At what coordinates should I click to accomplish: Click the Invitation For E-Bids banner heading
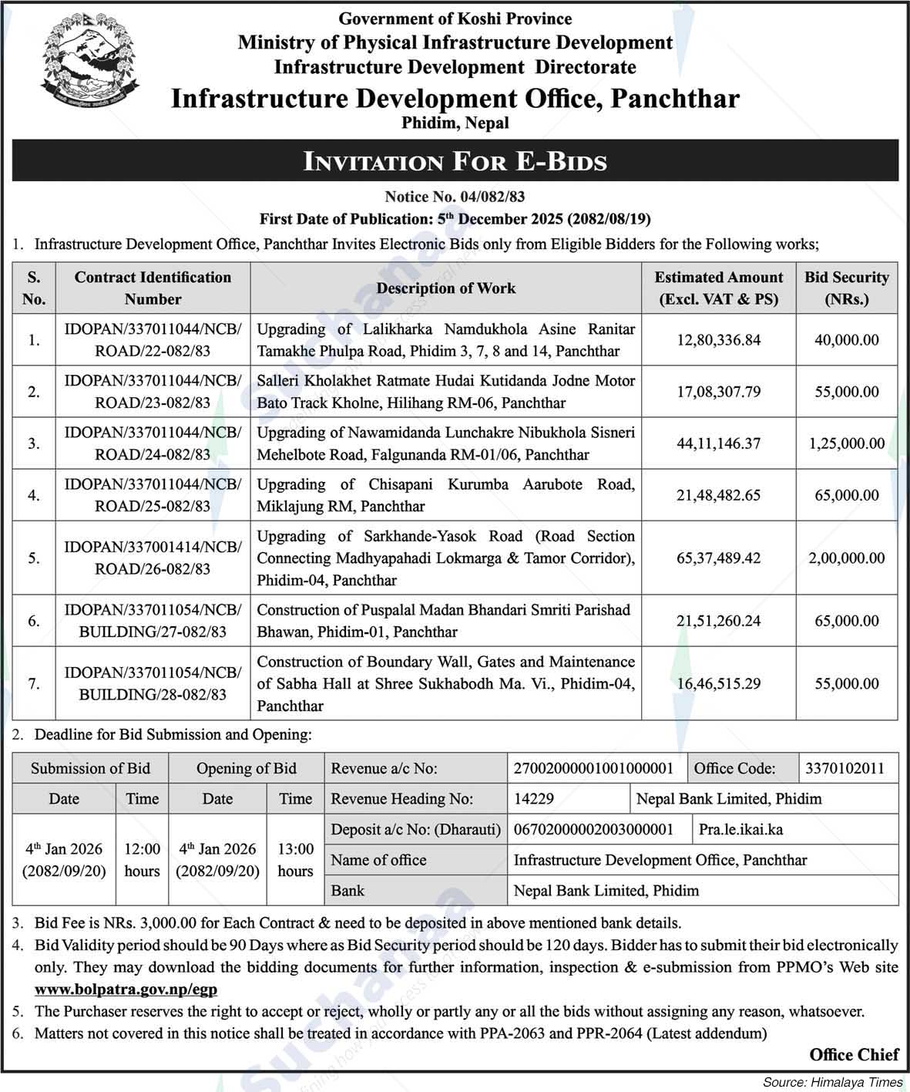coord(455,161)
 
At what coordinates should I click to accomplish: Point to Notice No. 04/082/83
coord(455,197)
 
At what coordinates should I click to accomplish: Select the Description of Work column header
coord(445,288)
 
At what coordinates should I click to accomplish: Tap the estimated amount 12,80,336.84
coord(718,340)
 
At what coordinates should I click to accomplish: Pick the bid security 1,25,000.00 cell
coord(846,443)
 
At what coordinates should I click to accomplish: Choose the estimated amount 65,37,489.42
coord(718,558)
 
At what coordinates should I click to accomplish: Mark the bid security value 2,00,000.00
coord(846,558)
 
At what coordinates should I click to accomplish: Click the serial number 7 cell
coord(34,683)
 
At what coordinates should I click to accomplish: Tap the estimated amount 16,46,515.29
coord(718,683)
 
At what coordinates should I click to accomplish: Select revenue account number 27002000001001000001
coord(593,768)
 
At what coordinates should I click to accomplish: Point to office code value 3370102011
coord(845,768)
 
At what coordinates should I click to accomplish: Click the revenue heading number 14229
coord(533,799)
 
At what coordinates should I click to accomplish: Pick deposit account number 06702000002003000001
coord(593,830)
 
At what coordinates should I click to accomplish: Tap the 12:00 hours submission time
coord(142,860)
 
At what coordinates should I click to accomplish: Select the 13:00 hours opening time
coord(295,860)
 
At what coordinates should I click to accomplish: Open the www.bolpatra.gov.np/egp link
coord(126,989)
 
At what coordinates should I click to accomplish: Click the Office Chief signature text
coord(854,1055)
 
